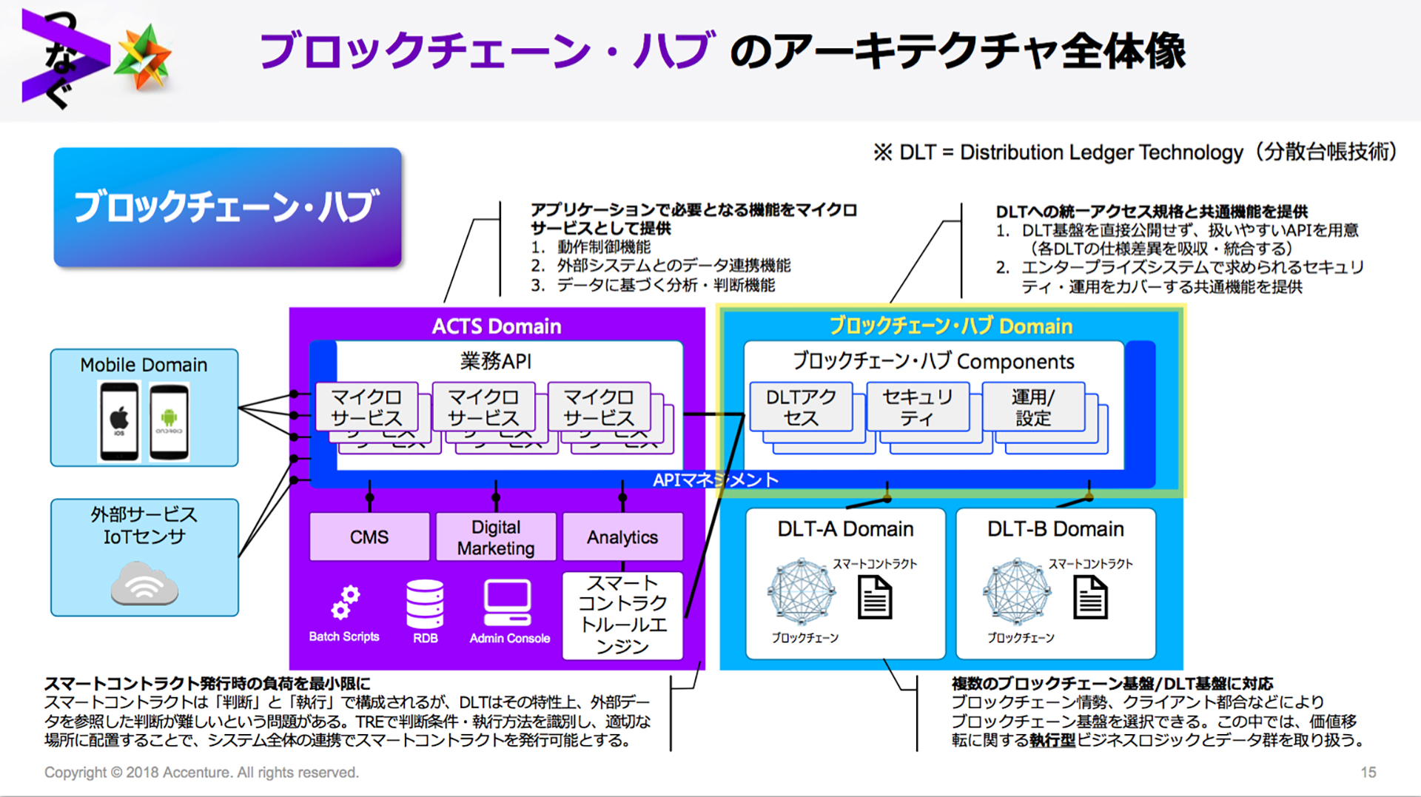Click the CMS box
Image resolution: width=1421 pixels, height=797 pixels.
point(369,537)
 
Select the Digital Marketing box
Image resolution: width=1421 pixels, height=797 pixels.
point(495,537)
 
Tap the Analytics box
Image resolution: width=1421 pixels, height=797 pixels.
point(622,537)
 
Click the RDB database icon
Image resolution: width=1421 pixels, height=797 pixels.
point(425,603)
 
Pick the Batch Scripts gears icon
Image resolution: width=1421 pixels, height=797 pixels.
point(345,602)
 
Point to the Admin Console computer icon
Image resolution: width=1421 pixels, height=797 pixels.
point(508,602)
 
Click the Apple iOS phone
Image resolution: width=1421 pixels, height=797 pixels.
point(119,421)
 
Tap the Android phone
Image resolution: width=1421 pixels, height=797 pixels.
point(169,421)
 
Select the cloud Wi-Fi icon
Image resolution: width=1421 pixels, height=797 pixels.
point(144,585)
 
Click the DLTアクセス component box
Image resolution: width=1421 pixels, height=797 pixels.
point(801,407)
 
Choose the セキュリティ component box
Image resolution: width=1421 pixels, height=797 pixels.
point(917,407)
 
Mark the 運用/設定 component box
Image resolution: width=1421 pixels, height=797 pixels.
point(1033,407)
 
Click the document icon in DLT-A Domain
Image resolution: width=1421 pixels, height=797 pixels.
point(875,597)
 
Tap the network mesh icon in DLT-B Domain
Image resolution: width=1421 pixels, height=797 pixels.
point(1017,592)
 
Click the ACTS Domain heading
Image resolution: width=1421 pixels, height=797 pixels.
point(497,326)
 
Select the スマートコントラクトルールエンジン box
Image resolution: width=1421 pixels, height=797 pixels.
point(622,615)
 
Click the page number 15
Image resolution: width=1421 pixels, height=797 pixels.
point(1368,772)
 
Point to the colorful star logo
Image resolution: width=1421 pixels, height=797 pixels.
point(145,56)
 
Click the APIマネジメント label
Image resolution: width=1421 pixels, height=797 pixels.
point(715,480)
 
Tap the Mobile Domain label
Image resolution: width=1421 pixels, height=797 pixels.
point(144,365)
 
